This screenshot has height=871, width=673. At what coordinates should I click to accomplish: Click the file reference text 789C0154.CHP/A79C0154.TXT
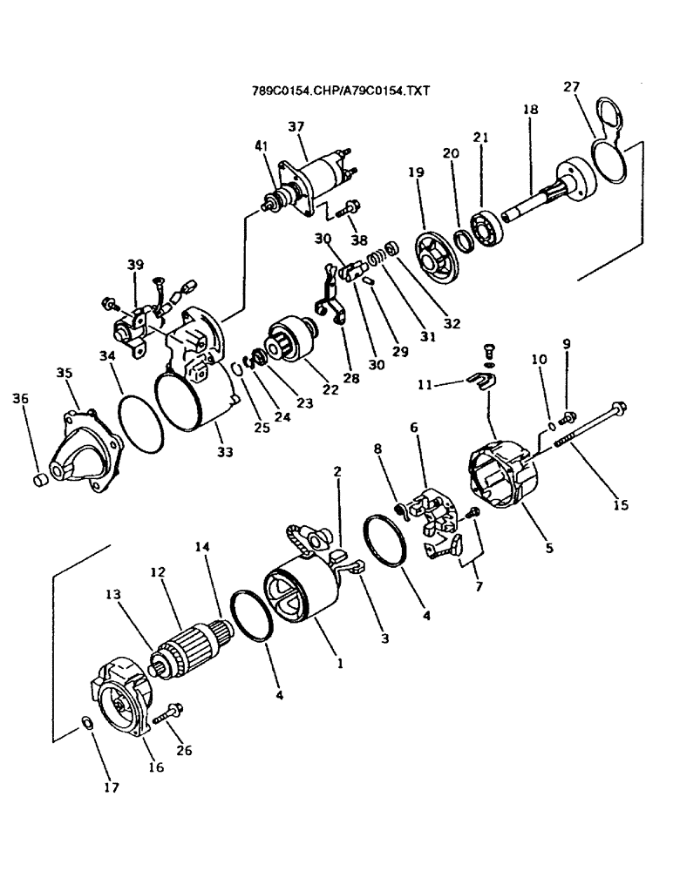coord(342,90)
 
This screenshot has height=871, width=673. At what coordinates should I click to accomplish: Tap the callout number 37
coord(296,127)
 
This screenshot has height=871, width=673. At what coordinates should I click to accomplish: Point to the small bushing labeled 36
coord(39,479)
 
